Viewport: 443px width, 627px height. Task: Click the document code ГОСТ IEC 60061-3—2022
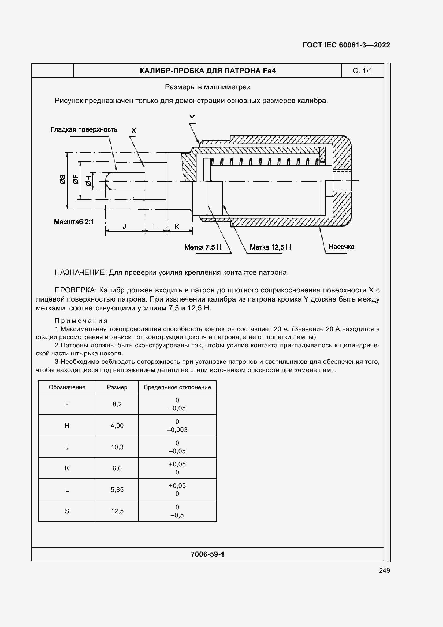[x=346, y=45]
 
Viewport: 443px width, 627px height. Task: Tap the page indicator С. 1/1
[x=362, y=71]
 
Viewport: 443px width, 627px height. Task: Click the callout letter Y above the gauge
[x=192, y=118]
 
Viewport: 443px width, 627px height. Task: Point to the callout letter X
[x=133, y=131]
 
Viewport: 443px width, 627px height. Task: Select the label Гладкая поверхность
[x=84, y=130]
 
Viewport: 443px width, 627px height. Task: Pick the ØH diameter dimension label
[x=88, y=181]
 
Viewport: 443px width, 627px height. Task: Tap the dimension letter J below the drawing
[x=124, y=226]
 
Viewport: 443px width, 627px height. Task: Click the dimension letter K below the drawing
[x=177, y=227]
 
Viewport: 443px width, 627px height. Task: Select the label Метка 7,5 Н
[x=203, y=247]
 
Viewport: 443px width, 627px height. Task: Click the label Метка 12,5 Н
[x=270, y=247]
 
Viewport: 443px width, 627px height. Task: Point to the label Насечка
[x=341, y=247]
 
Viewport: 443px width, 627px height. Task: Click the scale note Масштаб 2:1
[x=74, y=222]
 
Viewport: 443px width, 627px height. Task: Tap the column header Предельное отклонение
[x=177, y=387]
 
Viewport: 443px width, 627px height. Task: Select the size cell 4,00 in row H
[x=117, y=425]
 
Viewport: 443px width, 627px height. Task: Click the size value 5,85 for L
[x=117, y=490]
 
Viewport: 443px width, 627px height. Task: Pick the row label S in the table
[x=67, y=511]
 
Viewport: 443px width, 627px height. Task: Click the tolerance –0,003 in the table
[x=177, y=429]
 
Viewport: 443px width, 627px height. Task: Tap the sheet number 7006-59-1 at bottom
[x=207, y=554]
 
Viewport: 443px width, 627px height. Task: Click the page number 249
[x=384, y=570]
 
